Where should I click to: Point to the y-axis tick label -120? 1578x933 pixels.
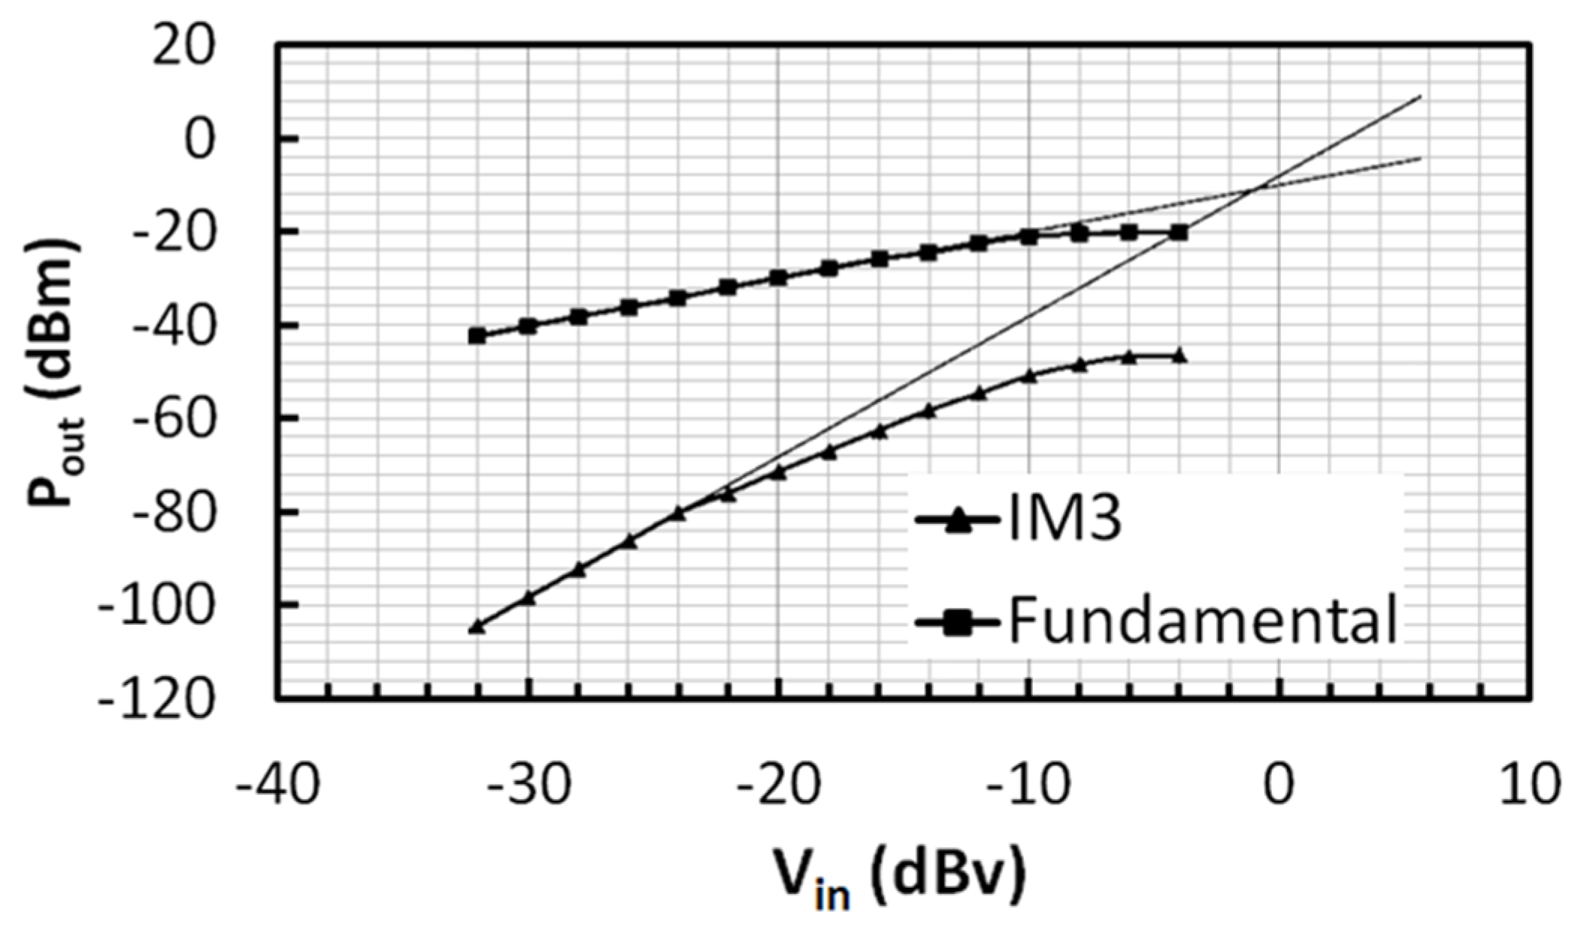point(157,700)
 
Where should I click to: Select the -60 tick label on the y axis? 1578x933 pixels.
point(171,418)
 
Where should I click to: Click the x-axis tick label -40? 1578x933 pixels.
point(277,785)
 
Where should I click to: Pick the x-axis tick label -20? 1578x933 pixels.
point(778,785)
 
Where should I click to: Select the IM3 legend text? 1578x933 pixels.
point(1064,520)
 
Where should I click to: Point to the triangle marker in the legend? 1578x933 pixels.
point(957,520)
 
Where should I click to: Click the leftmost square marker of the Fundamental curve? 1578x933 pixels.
point(477,336)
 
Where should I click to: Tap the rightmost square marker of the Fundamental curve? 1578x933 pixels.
point(1180,233)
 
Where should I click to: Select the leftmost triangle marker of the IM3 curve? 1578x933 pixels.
point(477,626)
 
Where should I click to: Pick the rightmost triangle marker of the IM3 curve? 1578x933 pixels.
point(1180,356)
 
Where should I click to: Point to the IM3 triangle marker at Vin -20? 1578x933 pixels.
point(778,473)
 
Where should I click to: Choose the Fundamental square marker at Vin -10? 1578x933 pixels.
point(1029,237)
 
